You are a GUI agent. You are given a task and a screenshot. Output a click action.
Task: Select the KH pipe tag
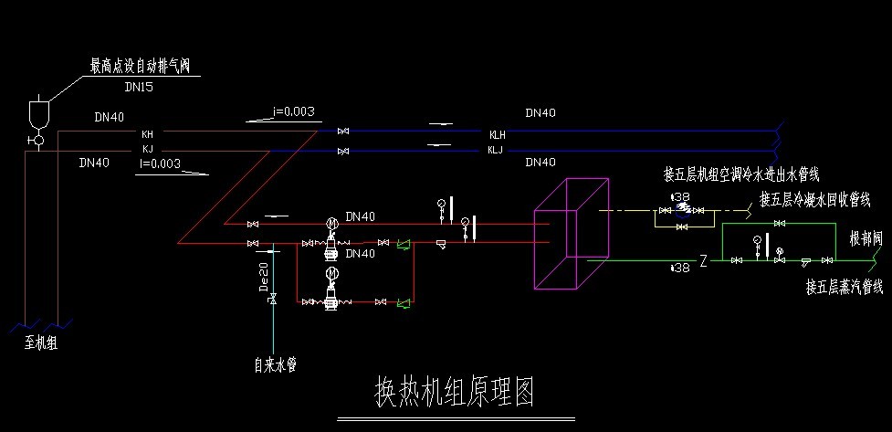point(147,133)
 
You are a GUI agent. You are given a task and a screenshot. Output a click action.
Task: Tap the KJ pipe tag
point(147,148)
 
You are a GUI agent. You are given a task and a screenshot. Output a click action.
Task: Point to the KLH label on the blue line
point(497,134)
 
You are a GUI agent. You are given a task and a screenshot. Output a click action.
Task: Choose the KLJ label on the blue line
point(496,149)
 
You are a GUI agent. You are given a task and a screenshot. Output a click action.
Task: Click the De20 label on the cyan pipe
point(264,276)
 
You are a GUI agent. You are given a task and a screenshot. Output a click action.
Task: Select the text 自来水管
point(275,365)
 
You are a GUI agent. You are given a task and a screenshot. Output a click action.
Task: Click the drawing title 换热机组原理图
point(454,392)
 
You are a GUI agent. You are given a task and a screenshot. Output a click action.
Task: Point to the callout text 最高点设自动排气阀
point(144,66)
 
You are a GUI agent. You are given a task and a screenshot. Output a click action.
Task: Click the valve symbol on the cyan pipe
point(273,301)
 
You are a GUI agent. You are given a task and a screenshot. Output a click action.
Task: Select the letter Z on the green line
point(703,261)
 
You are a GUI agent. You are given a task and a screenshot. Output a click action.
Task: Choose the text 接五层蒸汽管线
point(844,287)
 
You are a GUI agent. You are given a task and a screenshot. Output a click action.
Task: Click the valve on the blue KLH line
point(343,133)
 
